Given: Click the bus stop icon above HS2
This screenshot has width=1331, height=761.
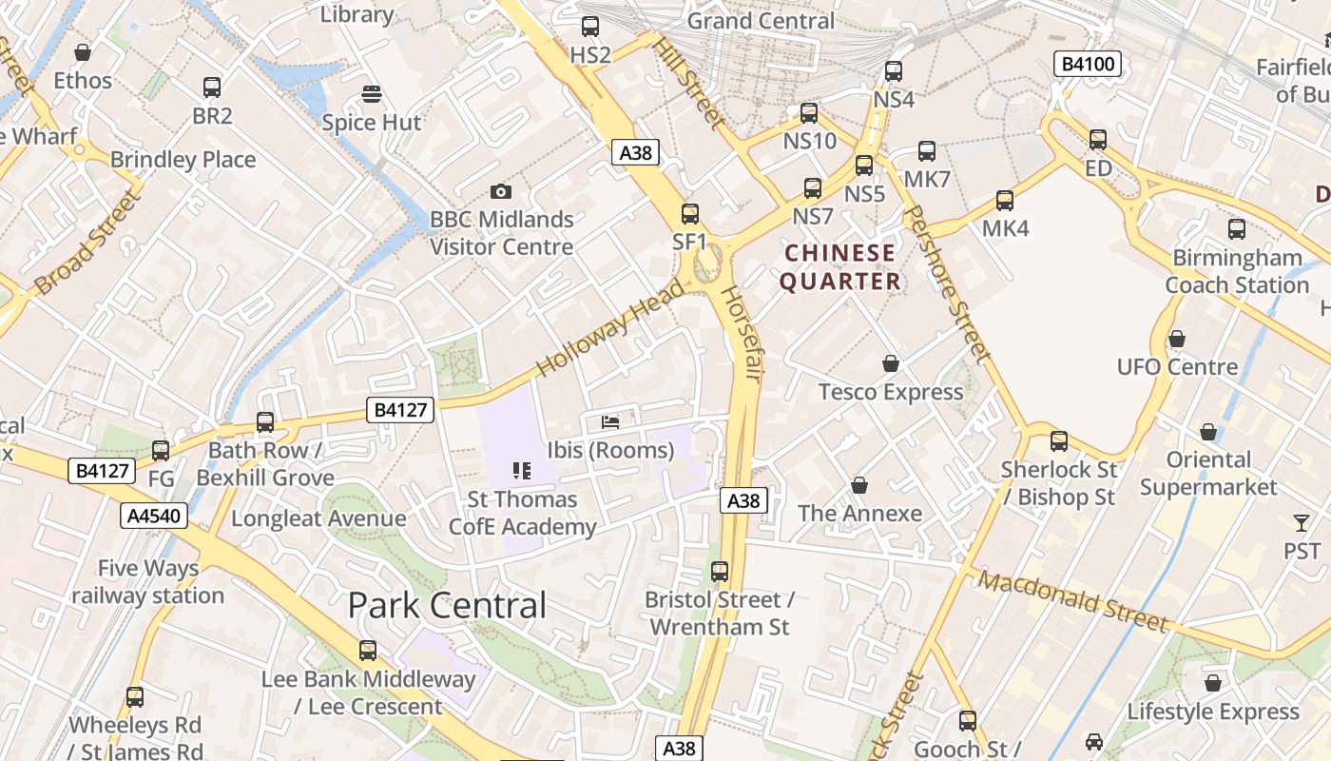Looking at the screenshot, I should click(x=590, y=27).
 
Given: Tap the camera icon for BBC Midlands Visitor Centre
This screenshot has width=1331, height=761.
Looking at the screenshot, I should click(x=501, y=192).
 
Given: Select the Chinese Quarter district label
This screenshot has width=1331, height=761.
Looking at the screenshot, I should click(x=839, y=267).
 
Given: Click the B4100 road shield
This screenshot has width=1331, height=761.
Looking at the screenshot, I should click(x=1088, y=65).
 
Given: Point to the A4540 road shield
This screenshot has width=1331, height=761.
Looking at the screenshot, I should click(x=155, y=516).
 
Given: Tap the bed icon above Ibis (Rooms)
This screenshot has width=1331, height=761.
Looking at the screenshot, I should click(x=610, y=421).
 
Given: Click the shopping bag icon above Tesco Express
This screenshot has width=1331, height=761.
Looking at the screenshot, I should click(x=891, y=363).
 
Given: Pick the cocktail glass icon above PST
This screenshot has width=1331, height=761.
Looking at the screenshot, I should click(x=1302, y=522).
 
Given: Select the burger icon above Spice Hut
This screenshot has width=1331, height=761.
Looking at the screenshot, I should click(x=372, y=94).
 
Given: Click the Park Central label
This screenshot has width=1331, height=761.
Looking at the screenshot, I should click(x=447, y=605).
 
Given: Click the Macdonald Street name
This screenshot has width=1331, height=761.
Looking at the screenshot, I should click(x=1072, y=600).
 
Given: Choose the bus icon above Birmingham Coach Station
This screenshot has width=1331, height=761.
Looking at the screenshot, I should click(x=1237, y=229).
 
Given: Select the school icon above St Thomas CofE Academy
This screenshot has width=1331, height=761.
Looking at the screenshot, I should click(x=521, y=470).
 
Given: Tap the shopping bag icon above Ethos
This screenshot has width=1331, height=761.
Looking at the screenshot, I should click(x=83, y=52).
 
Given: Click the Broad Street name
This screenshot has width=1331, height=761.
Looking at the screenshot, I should click(x=87, y=243).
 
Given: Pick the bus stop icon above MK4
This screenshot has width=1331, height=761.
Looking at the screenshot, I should click(x=1005, y=201).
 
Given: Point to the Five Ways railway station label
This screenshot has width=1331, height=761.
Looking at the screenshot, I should click(x=148, y=582).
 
